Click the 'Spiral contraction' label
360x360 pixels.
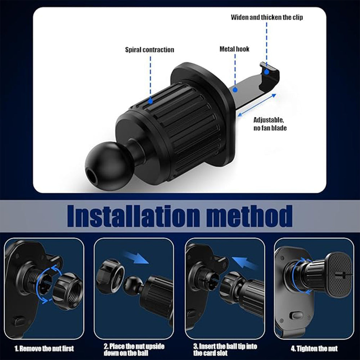click(149, 50)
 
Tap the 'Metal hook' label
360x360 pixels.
click(234, 49)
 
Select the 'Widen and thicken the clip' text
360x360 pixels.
click(267, 17)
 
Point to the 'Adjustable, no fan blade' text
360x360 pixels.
click(270, 124)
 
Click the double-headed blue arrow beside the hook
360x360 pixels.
click(257, 105)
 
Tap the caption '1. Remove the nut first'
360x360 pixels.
click(44, 348)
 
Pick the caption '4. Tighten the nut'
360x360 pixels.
click(314, 348)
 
